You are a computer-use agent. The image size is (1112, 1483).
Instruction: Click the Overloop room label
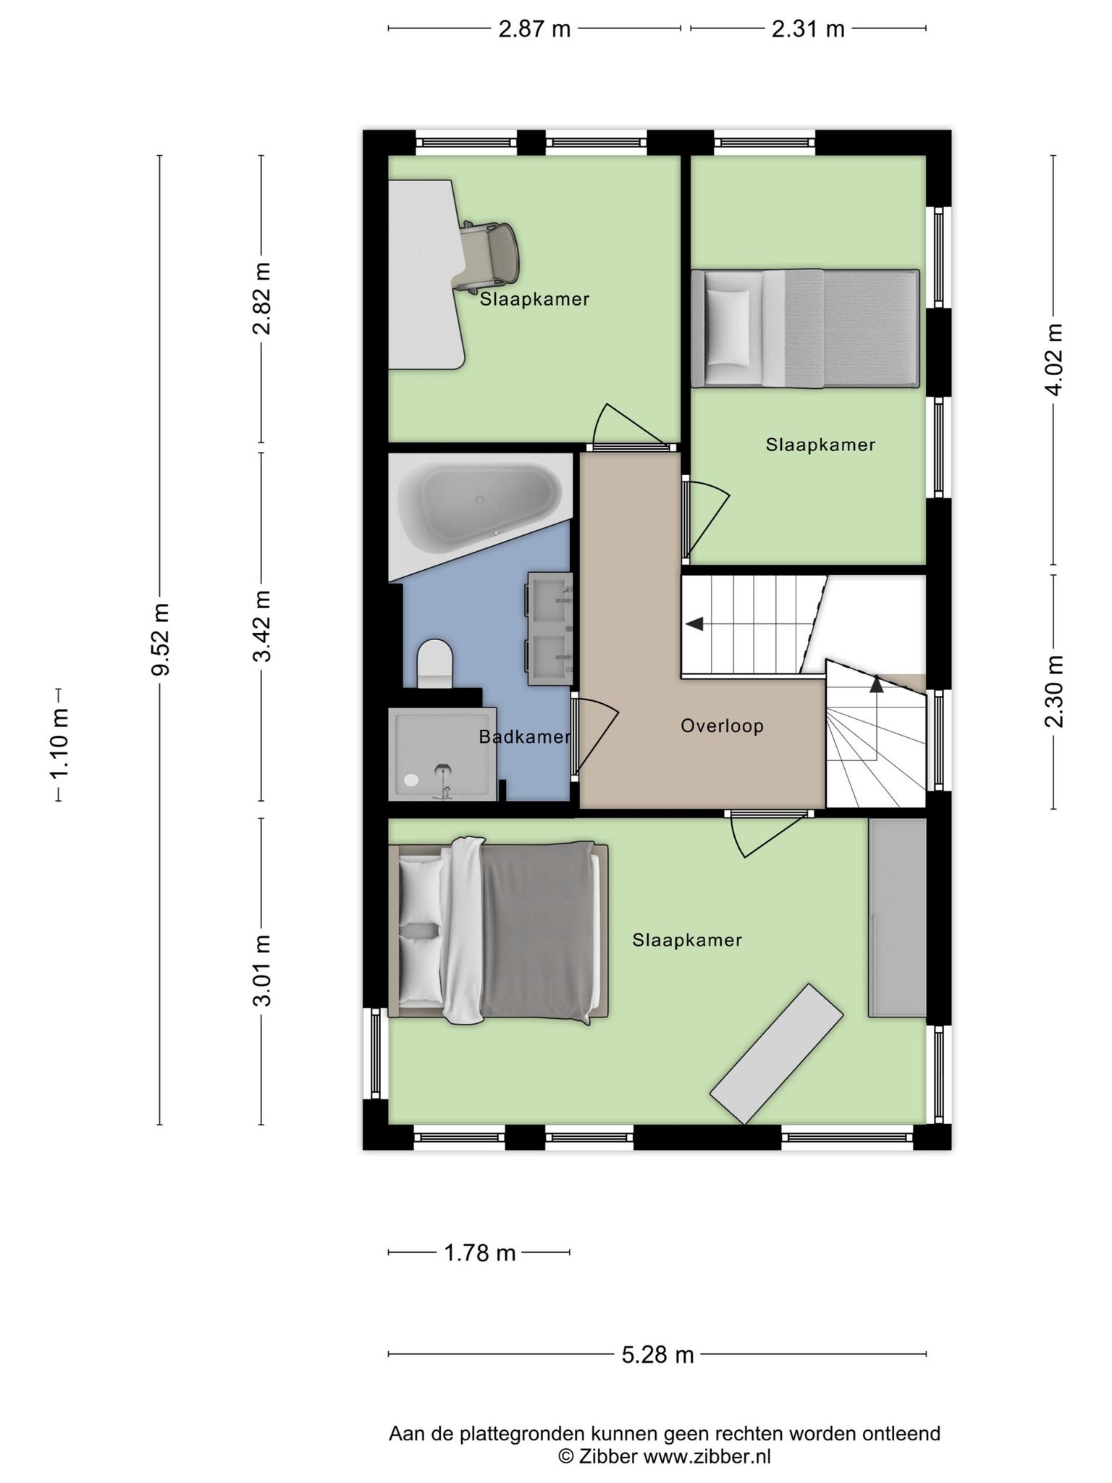(722, 726)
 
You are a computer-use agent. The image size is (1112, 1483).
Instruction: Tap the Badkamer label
(524, 737)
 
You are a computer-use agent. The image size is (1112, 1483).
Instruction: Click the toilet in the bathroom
(435, 663)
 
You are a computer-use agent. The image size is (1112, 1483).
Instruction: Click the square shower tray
(442, 755)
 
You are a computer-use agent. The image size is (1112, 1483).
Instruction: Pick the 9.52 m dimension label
(160, 639)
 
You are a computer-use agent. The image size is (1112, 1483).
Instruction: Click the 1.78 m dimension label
(479, 1252)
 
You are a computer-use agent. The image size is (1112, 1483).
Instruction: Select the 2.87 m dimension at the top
(534, 29)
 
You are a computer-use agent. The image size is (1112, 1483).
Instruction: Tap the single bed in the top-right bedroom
(805, 329)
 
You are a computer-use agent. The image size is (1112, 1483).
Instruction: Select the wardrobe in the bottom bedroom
(897, 918)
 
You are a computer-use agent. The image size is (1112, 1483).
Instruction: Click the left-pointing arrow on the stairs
(694, 623)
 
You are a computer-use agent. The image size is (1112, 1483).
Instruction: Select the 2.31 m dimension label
(808, 29)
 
